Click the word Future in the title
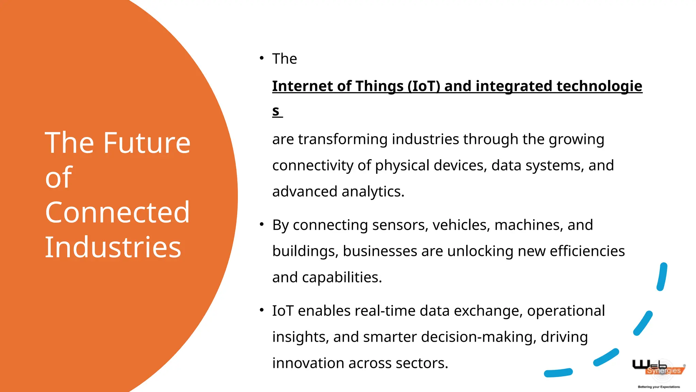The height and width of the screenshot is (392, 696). pyautogui.click(x=146, y=143)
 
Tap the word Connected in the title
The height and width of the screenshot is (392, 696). pyautogui.click(x=117, y=212)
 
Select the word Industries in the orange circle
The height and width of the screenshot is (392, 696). pyautogui.click(x=113, y=247)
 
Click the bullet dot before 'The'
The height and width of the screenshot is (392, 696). pyautogui.click(x=261, y=58)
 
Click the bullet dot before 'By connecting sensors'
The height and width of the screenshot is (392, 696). pyautogui.click(x=261, y=224)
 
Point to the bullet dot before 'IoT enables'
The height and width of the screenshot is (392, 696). pyautogui.click(x=261, y=310)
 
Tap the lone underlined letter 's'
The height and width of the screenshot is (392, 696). pyautogui.click(x=276, y=111)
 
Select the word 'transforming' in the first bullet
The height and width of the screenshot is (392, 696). pyautogui.click(x=343, y=139)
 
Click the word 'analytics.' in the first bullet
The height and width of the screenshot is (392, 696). pyautogui.click(x=373, y=192)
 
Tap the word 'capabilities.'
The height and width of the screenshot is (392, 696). pyautogui.click(x=342, y=277)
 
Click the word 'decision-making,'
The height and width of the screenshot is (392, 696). pyautogui.click(x=478, y=337)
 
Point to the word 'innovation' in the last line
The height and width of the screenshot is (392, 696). pyautogui.click(x=308, y=363)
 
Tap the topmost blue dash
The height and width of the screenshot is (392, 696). pyautogui.click(x=662, y=277)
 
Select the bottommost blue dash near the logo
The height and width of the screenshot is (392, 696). pyautogui.click(x=558, y=373)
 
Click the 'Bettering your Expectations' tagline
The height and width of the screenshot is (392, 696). pyautogui.click(x=659, y=387)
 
